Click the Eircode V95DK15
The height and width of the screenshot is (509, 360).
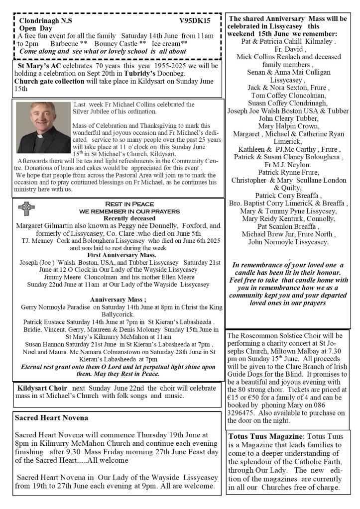click(195, 20)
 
